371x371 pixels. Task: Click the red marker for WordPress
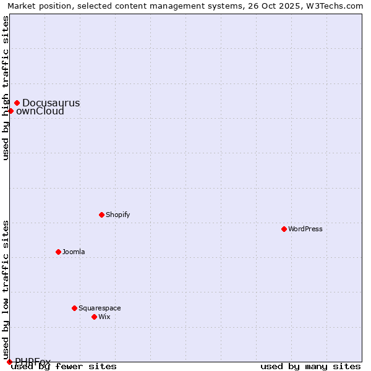pyautogui.click(x=284, y=229)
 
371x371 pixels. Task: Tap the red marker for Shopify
pyautogui.click(x=101, y=215)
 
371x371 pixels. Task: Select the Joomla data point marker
pyautogui.click(x=58, y=252)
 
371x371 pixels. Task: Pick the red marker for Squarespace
pyautogui.click(x=74, y=308)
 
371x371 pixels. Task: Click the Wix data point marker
pyautogui.click(x=94, y=317)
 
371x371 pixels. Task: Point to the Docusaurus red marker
pyautogui.click(x=17, y=103)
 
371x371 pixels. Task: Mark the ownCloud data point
pyautogui.click(x=11, y=111)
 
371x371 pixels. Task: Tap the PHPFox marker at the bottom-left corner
pyautogui.click(x=9, y=362)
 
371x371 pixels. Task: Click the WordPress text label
pyautogui.click(x=305, y=229)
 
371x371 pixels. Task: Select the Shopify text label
pyautogui.click(x=117, y=215)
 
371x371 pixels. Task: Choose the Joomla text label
pyautogui.click(x=74, y=252)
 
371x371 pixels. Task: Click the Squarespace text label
pyautogui.click(x=100, y=308)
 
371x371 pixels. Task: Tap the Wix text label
pyautogui.click(x=104, y=317)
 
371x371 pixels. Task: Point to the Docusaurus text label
pyautogui.click(x=51, y=103)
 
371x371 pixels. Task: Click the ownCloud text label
pyautogui.click(x=40, y=111)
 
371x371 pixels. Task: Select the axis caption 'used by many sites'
pyautogui.click(x=310, y=367)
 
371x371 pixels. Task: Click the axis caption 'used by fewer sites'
pyautogui.click(x=64, y=367)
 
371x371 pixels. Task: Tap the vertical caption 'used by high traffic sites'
pyautogui.click(x=6, y=88)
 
